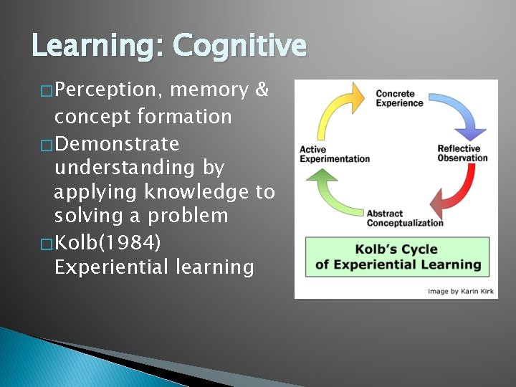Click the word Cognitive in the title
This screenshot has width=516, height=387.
point(239,47)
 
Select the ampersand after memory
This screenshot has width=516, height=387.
point(262,90)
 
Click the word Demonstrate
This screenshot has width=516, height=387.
point(116,143)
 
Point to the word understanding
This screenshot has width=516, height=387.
point(139,168)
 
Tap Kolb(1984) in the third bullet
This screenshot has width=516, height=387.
point(107,242)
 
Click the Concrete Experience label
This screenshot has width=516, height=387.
point(399,98)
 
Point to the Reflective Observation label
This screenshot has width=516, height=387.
point(462,153)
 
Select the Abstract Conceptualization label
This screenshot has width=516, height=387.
point(404,218)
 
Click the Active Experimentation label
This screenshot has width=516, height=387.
point(334,154)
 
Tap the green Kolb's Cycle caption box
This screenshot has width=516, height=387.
point(398,257)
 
